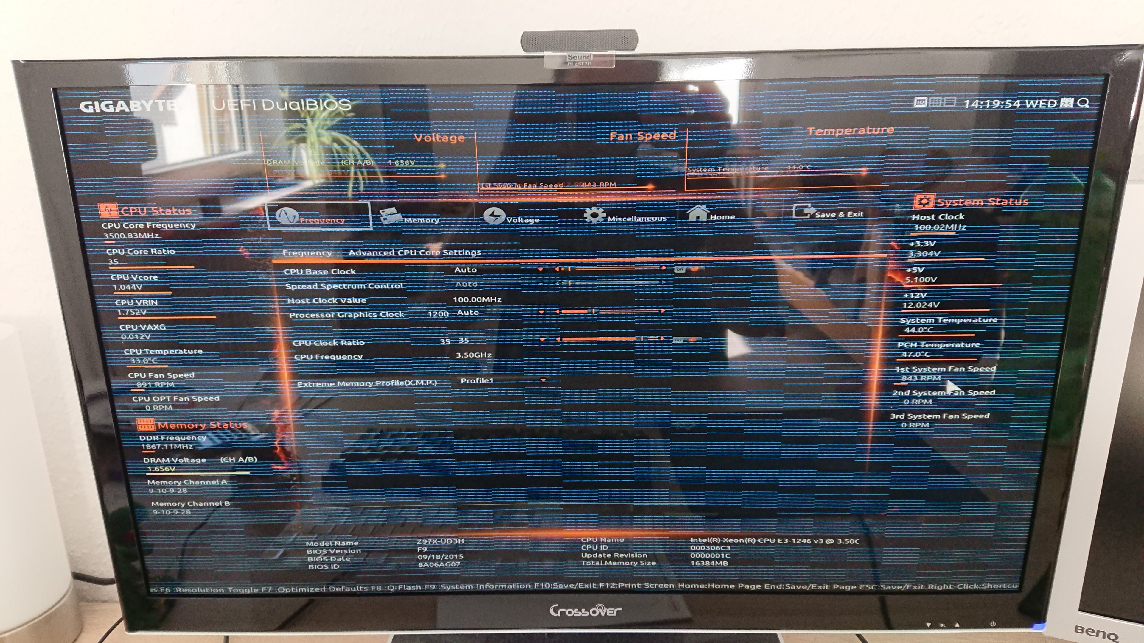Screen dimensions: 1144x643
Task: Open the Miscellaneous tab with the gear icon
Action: pyautogui.click(x=626, y=216)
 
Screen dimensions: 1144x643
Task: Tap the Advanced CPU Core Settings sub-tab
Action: pyautogui.click(x=415, y=252)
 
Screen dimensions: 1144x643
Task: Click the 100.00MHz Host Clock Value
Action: pyautogui.click(x=477, y=299)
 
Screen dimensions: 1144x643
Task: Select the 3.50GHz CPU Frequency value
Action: pyautogui.click(x=473, y=355)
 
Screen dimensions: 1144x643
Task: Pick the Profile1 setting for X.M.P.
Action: pyautogui.click(x=477, y=381)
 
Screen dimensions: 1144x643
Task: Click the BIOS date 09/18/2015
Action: pyautogui.click(x=440, y=556)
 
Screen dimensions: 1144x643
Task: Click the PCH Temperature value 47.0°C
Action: pyautogui.click(x=915, y=354)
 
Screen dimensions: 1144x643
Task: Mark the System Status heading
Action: pyautogui.click(x=982, y=202)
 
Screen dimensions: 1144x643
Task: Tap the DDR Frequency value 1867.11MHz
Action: pyautogui.click(x=167, y=447)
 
